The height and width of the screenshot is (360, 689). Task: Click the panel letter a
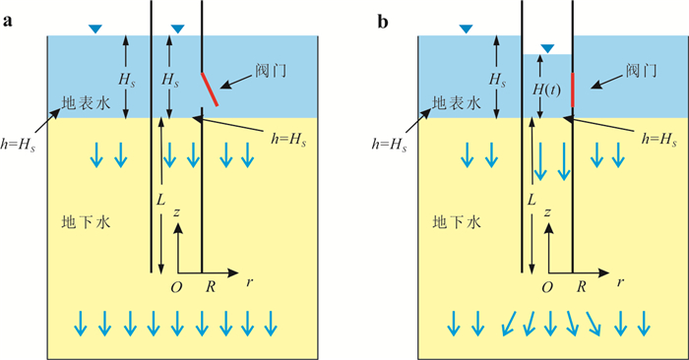pos(7,22)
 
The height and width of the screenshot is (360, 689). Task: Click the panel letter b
pos(383,21)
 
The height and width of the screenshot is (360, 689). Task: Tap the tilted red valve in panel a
pos(210,90)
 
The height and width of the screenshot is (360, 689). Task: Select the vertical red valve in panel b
pos(573,90)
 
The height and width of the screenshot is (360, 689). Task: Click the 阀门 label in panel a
pos(271,70)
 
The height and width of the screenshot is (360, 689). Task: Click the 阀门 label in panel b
pos(642,70)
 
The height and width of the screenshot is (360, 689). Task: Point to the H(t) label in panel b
pos(546,90)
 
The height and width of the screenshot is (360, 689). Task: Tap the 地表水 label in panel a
pos(86,102)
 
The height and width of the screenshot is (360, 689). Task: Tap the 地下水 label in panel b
pos(457,222)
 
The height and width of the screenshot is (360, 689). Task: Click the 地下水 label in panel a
pos(86,222)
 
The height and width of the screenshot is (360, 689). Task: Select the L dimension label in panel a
pos(160,201)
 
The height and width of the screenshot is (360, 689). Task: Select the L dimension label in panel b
pos(532,201)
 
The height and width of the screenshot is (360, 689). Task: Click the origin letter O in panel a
pos(176,287)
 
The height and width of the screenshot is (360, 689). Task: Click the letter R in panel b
pos(582,287)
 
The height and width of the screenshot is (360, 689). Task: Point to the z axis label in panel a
pos(176,212)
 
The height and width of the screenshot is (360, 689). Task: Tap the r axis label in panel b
pos(620,282)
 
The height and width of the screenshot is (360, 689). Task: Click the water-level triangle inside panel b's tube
pos(547,48)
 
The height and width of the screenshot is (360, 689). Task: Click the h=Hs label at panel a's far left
pos(18,145)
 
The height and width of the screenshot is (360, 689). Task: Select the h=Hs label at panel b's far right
pos(659,139)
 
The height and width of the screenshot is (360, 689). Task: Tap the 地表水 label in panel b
pos(457,102)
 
